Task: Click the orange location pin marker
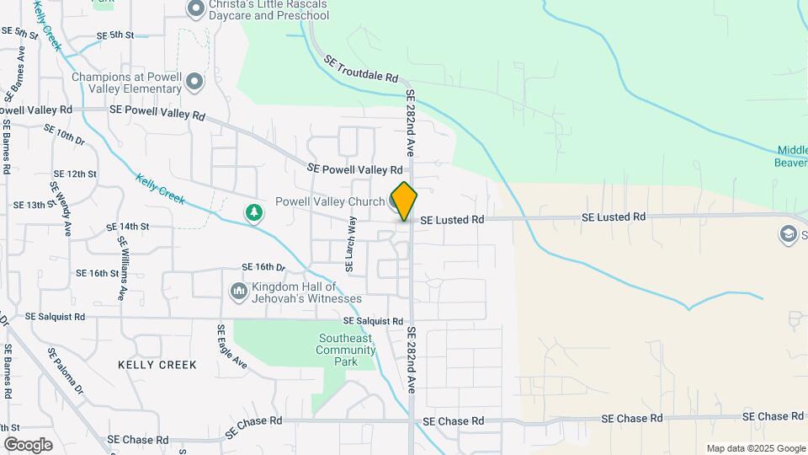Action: coord(404,201)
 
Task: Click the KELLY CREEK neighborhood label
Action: coord(157,365)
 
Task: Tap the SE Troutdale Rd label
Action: coord(360,67)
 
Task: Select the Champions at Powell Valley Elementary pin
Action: coord(195,82)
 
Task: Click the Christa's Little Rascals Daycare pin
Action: coord(196,9)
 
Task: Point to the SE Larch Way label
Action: coord(353,243)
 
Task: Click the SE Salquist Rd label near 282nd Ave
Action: coord(373,321)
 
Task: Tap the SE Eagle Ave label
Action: coord(231,347)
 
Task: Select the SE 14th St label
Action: coord(128,227)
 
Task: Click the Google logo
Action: coord(28,444)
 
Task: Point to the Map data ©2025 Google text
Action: coord(755,448)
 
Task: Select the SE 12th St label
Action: coord(75,174)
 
